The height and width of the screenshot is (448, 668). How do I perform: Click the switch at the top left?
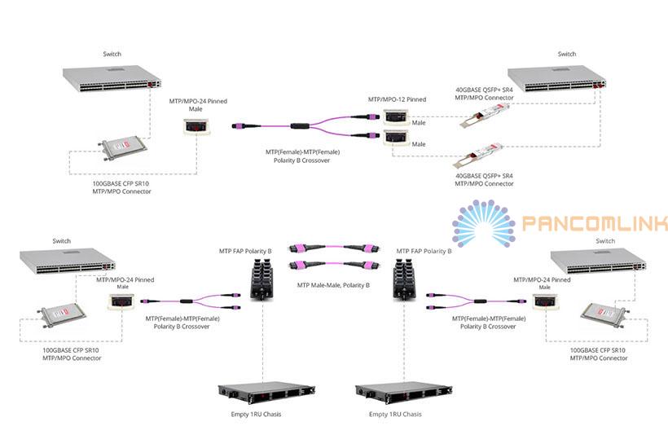point(112,78)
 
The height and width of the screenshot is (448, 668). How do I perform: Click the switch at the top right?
point(557,78)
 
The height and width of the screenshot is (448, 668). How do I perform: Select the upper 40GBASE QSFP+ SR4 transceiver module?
point(485,116)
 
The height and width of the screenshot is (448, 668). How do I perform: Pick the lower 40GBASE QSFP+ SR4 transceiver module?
point(478,156)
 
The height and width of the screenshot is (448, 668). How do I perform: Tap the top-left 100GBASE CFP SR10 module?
point(123,147)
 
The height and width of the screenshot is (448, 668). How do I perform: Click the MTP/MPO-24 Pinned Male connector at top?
point(197,127)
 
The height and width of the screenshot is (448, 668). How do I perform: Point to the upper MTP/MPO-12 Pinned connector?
point(396,117)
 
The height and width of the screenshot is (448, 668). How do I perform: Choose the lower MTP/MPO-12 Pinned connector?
point(396,138)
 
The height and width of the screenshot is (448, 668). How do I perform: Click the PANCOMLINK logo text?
point(595,222)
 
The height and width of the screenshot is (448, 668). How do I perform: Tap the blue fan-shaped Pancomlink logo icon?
point(484,223)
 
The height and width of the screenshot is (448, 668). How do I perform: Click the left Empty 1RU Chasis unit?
point(266,393)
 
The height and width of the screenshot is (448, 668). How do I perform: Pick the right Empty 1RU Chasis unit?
point(404,393)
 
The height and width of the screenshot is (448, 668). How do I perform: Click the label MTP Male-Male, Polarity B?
point(333,285)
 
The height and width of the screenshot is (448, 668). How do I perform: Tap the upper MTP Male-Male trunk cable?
point(334,248)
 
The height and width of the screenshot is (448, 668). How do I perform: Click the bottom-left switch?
point(68,262)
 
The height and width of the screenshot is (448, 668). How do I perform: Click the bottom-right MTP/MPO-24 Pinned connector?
point(545,301)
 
